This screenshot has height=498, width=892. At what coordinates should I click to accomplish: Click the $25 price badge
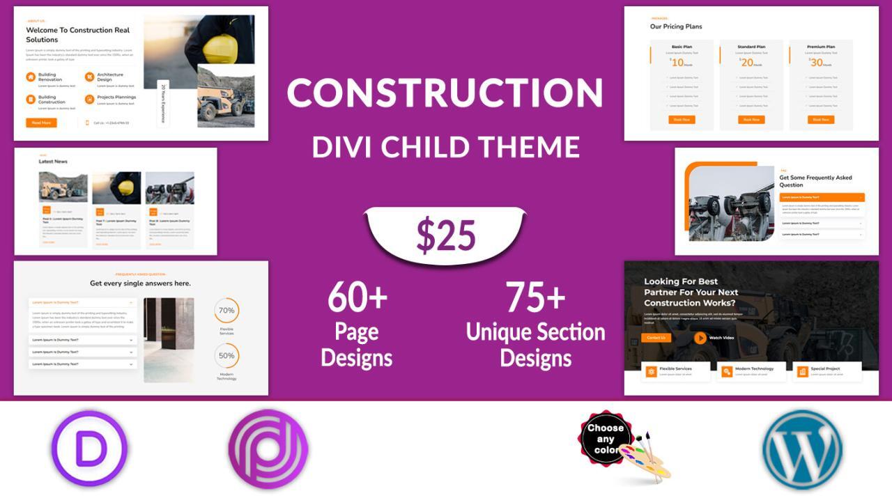(446, 235)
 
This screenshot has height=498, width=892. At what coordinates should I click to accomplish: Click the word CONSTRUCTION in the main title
(445, 93)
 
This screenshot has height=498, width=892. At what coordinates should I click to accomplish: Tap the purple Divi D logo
(89, 449)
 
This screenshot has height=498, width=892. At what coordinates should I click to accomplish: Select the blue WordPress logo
(801, 449)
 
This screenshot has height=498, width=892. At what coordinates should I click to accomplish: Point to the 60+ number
(357, 297)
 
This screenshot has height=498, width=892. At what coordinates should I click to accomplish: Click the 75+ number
(535, 297)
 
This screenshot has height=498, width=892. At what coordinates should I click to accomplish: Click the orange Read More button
(41, 123)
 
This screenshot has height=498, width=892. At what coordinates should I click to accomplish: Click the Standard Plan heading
(751, 47)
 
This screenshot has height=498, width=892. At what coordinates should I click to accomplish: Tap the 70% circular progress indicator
(226, 311)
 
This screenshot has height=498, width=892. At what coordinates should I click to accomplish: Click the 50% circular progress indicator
(226, 355)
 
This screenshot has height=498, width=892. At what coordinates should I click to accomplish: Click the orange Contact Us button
(656, 338)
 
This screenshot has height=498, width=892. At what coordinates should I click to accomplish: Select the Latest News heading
(53, 162)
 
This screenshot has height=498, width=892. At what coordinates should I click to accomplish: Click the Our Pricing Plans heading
(676, 26)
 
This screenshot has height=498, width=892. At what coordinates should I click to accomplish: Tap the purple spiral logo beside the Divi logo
(268, 449)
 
